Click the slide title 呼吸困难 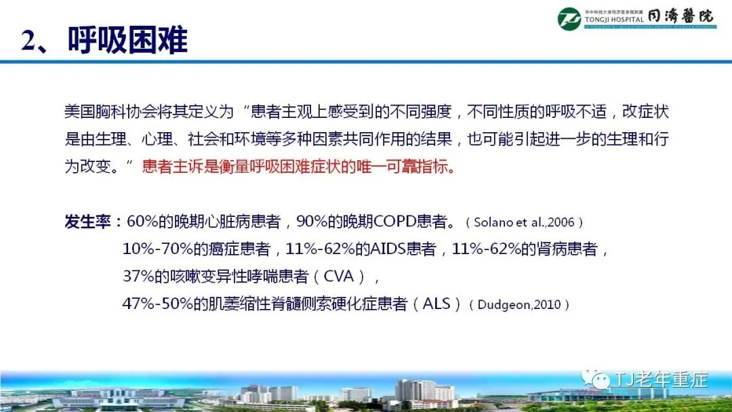(x=127, y=40)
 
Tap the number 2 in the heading (x=28, y=41)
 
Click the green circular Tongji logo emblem (x=569, y=19)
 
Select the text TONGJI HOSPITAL (x=614, y=20)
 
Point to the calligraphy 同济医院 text (x=680, y=16)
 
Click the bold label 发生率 (x=87, y=222)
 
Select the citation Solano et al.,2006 (x=524, y=222)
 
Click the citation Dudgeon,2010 (x=519, y=305)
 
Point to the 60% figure (x=142, y=221)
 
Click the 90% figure (x=312, y=221)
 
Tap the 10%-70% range (x=158, y=249)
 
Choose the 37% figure (x=138, y=276)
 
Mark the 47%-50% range (x=158, y=304)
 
